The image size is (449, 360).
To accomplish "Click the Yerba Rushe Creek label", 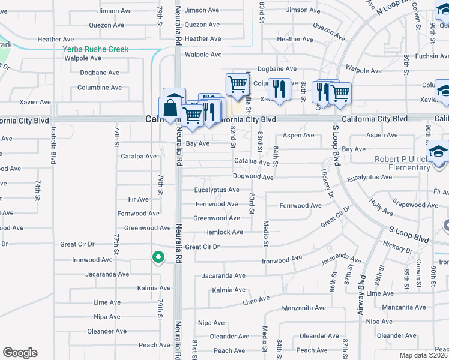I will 96,49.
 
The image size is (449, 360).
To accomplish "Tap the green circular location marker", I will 158,257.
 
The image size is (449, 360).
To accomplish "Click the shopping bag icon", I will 170,108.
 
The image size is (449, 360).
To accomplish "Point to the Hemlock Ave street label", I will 223,232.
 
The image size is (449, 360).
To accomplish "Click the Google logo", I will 20,353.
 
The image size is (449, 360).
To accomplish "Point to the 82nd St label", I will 233,137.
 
